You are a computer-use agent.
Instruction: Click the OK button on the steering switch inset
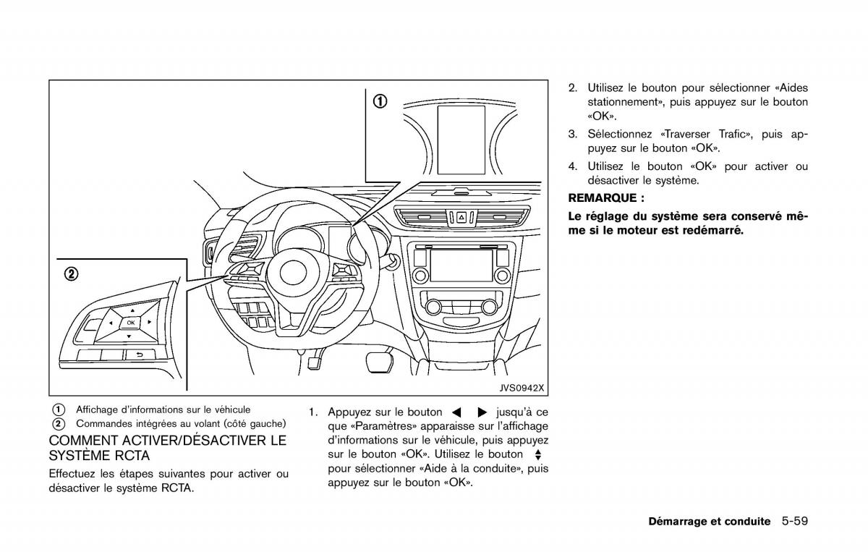point(131,323)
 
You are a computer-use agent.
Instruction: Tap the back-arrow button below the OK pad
point(140,354)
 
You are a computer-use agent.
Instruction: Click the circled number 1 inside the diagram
point(380,101)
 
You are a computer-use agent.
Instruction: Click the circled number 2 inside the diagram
point(72,274)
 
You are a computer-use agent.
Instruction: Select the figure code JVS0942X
point(522,388)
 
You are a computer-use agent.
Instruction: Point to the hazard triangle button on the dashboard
point(461,218)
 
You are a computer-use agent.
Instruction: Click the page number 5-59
point(795,521)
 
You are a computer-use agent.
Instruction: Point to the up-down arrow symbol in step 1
point(537,455)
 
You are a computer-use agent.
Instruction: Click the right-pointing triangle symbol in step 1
point(482,412)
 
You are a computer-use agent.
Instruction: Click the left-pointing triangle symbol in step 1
point(457,412)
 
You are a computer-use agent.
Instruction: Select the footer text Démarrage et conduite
point(710,522)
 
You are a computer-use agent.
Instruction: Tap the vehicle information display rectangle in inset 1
point(461,140)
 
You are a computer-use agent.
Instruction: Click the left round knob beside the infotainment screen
point(420,276)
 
